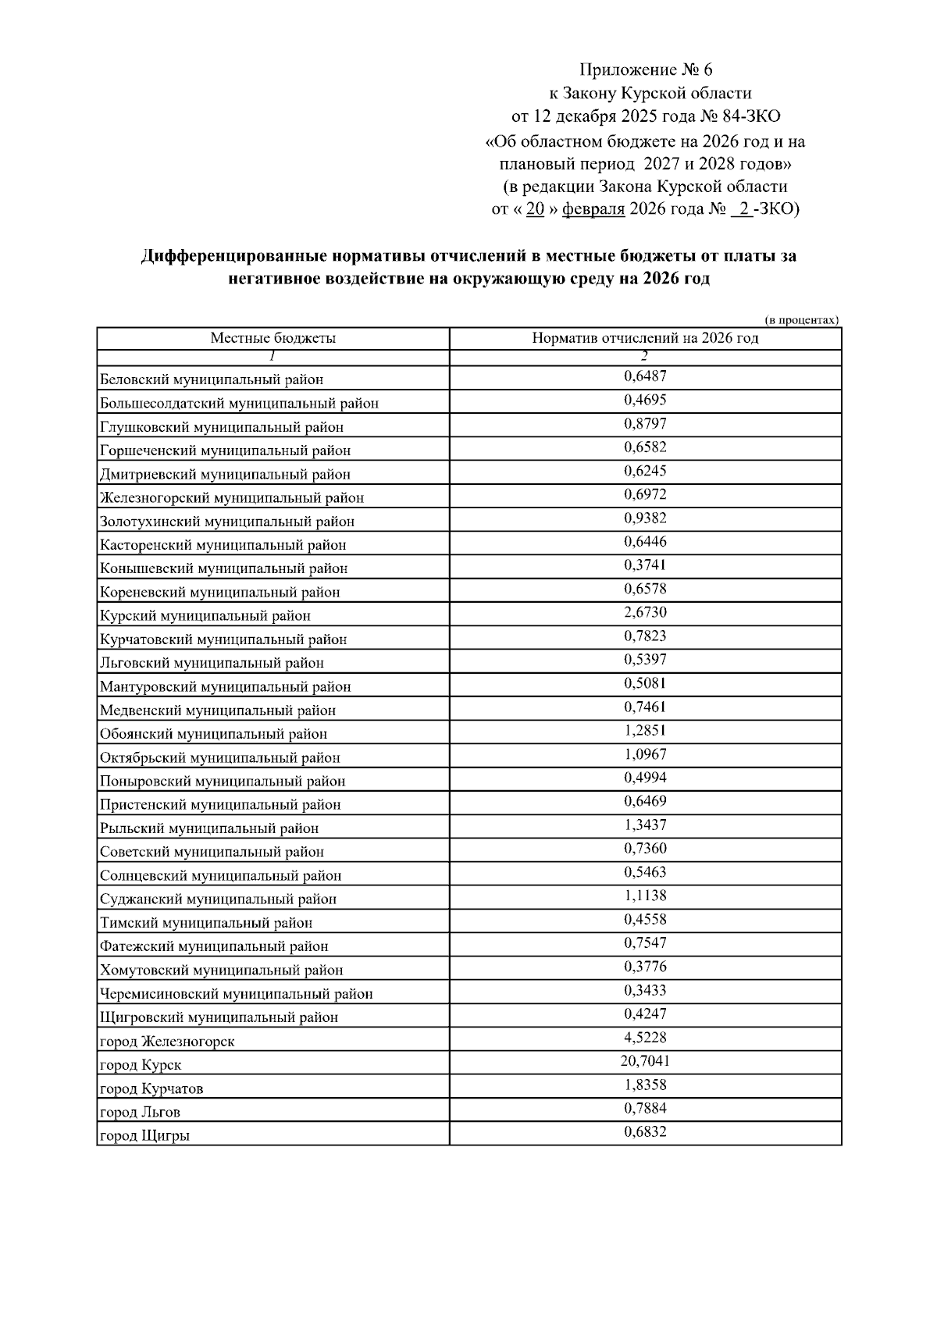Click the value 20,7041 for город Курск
pos(645,1061)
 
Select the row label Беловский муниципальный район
pos(212,379)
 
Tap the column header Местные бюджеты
pos(273,338)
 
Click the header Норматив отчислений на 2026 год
pos(645,338)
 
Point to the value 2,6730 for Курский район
pos(645,612)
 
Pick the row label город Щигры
pos(144,1135)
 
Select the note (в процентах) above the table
pos(801,320)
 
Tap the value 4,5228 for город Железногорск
pos(645,1038)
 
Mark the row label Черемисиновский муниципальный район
pos(237,994)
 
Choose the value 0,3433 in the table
pos(645,990)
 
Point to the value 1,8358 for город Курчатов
pos(645,1085)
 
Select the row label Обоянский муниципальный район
pos(213,734)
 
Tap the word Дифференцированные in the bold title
pos(233,256)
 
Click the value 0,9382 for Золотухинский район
pos(645,518)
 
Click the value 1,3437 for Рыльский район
pos(645,825)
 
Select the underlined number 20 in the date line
pos(535,209)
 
